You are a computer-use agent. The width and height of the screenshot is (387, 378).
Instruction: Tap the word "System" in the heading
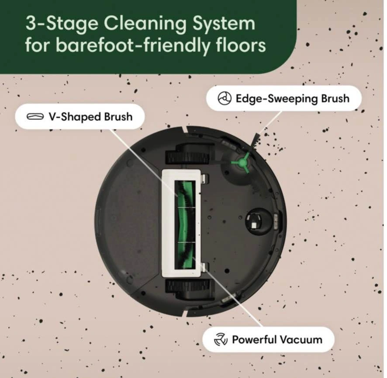click(x=224, y=24)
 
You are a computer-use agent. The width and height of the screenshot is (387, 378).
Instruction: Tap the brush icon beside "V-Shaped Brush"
click(x=35, y=116)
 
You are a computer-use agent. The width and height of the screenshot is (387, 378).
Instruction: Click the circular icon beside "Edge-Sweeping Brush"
click(x=225, y=99)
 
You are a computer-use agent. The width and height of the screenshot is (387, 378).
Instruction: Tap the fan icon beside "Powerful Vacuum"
click(x=220, y=339)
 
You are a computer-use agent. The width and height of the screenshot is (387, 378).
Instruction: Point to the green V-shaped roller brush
click(x=185, y=225)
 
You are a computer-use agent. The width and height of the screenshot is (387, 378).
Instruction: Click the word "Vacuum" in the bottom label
click(x=301, y=340)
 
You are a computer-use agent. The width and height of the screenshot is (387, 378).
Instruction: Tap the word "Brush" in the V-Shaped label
click(x=118, y=117)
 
